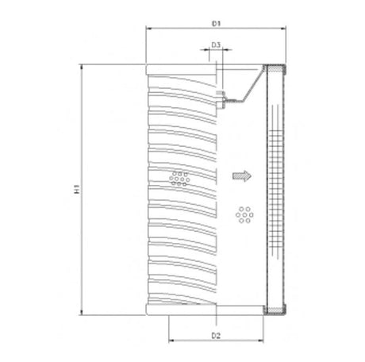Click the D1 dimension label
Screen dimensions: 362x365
[x=216, y=16]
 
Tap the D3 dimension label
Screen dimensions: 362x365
[x=215, y=47]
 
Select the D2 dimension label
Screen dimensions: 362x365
[x=216, y=336]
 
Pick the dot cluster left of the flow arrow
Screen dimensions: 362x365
[x=180, y=177]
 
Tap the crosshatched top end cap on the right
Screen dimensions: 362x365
[x=275, y=69]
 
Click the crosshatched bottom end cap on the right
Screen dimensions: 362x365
[x=275, y=314]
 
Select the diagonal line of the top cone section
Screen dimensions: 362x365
[x=252, y=85]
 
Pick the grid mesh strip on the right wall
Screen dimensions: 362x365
[x=275, y=191]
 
